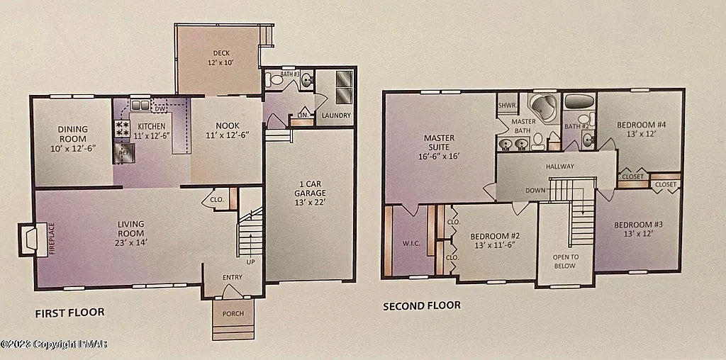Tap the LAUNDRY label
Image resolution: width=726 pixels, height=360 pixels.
coord(335,115)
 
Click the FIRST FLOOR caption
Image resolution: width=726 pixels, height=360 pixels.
coord(69,312)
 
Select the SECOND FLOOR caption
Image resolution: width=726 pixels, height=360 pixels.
coord(421,306)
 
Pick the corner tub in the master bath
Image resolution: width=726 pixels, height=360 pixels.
coord(544,107)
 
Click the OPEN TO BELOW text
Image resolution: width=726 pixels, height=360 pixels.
coord(565,261)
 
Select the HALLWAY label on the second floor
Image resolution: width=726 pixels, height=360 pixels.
coord(559,167)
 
